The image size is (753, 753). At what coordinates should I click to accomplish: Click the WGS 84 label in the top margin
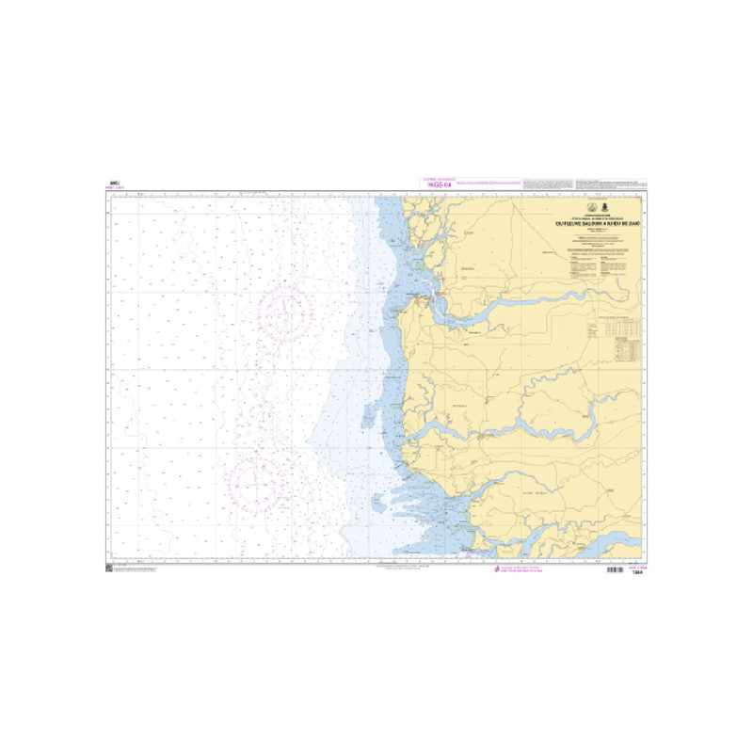440,185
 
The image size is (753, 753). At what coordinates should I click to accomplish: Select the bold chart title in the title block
597,223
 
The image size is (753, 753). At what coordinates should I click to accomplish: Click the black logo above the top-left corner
114,184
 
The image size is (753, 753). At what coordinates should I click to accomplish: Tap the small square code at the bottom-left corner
109,569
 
